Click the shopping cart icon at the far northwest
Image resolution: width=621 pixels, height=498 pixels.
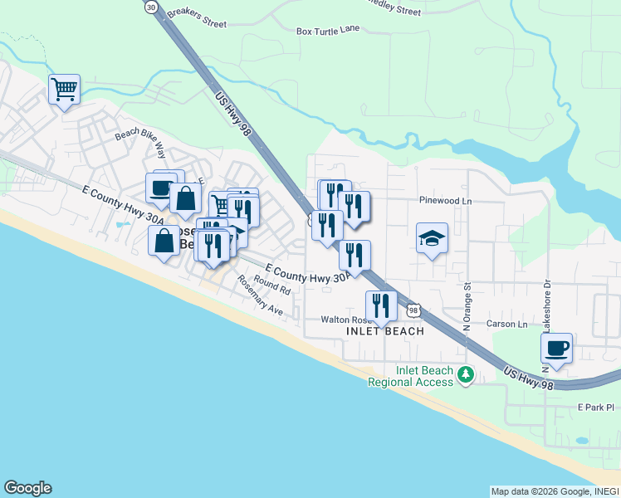point(65,89)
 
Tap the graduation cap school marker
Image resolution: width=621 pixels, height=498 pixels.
point(432,238)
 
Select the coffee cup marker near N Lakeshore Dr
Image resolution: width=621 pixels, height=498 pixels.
point(557,348)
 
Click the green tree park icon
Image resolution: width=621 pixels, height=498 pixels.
point(466,376)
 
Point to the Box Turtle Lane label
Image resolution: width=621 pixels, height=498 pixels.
point(328,31)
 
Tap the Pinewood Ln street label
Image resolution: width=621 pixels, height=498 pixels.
point(445,200)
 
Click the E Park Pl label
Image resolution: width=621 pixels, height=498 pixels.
point(595,408)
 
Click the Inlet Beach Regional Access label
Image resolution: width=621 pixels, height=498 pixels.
point(412,376)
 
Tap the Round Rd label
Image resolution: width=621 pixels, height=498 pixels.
point(272,286)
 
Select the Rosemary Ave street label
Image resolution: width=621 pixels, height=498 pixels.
point(260,295)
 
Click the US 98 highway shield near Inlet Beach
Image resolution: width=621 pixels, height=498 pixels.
point(413,310)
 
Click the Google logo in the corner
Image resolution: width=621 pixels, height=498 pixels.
point(27,488)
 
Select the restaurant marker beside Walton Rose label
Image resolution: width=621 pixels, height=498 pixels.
point(381,306)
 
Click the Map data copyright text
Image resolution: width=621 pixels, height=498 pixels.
point(555,491)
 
